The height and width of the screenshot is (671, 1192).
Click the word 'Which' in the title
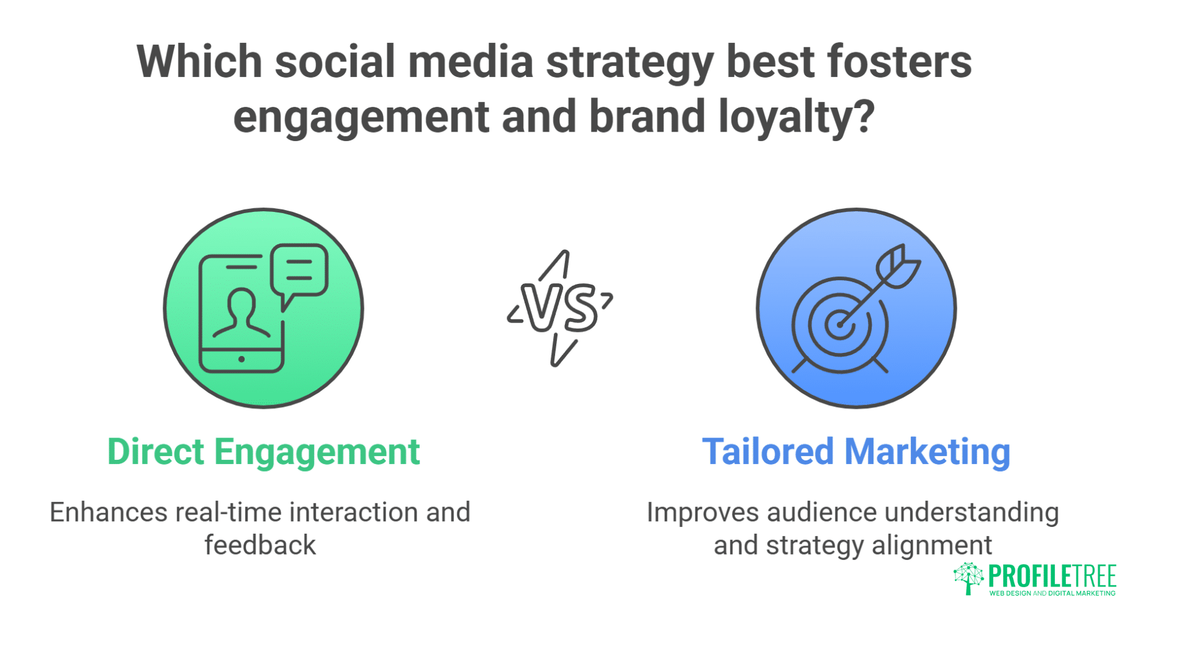click(199, 62)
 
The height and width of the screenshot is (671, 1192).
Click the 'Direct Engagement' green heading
click(264, 452)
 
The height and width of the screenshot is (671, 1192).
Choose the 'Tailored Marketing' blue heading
click(856, 452)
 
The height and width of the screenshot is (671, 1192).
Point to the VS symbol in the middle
click(560, 308)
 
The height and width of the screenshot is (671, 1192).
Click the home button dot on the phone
click(242, 359)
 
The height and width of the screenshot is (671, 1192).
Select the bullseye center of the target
click(840, 324)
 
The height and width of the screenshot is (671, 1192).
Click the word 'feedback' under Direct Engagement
click(260, 545)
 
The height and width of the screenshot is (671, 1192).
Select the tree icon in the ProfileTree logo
click(968, 578)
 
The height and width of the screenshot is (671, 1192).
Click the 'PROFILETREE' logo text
click(1052, 577)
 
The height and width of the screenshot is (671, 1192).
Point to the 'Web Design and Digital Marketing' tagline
click(1052, 593)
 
